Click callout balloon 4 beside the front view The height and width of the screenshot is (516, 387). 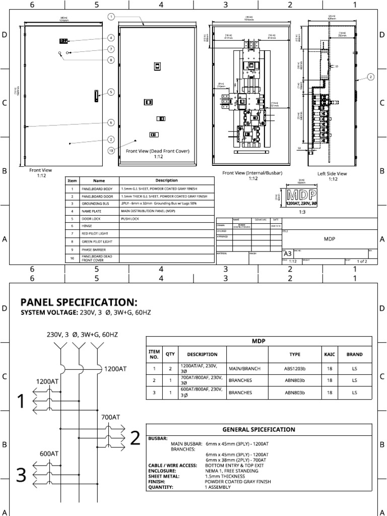pos(110,38)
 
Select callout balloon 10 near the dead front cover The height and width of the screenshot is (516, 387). pos(110,150)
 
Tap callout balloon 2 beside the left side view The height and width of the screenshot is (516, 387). pos(370,77)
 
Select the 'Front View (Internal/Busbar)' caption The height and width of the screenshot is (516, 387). pos(252,173)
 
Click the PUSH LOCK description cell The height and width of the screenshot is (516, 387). pos(129,219)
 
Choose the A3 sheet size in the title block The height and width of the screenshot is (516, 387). pos(287,254)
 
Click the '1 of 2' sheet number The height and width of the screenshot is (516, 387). pos(362,262)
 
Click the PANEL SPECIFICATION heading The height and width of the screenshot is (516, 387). pos(78,302)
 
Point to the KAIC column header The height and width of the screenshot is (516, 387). pos(329,354)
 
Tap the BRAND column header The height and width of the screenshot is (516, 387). pos(354,354)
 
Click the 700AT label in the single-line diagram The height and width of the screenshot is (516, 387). pos(110,417)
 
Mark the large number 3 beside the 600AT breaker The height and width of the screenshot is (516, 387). pos(21,476)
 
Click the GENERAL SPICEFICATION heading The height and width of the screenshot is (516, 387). pos(259,429)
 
